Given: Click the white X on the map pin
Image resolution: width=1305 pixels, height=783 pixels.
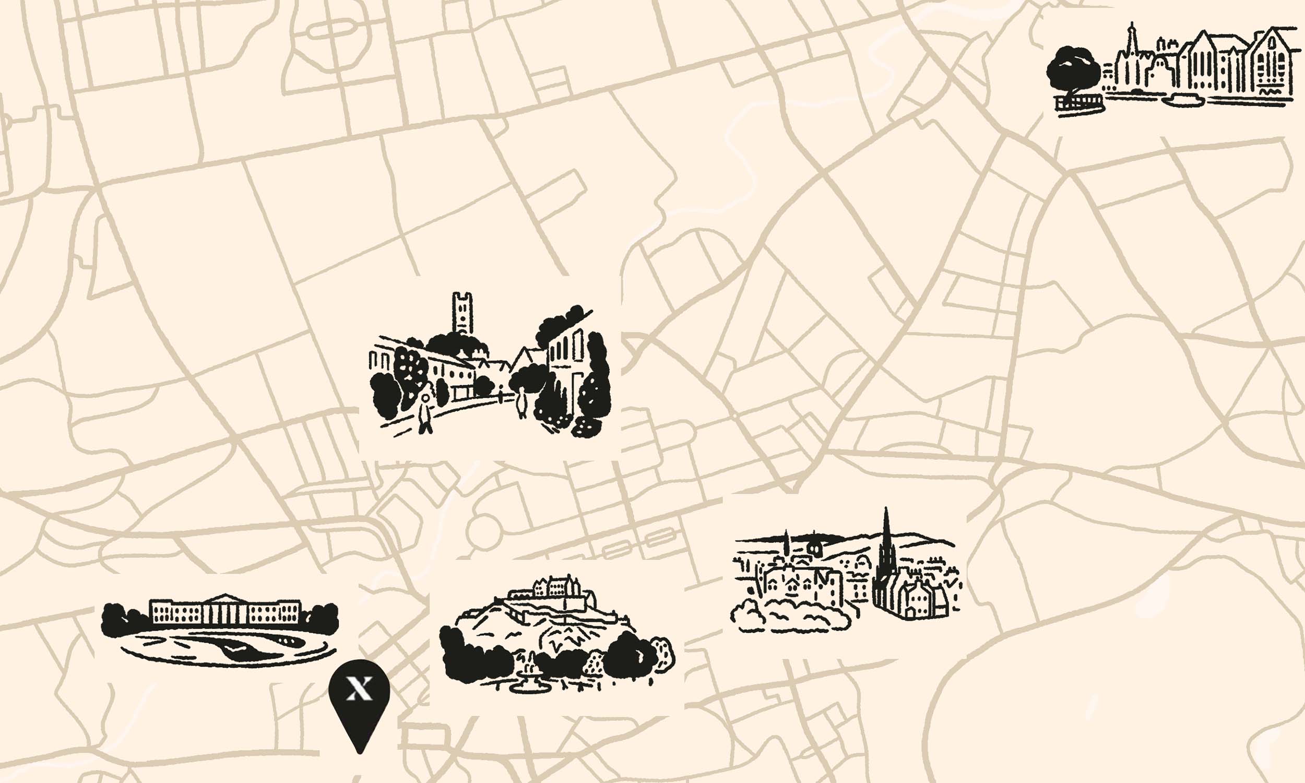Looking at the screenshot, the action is point(359,689).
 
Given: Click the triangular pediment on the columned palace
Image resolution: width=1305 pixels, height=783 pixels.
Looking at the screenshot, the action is point(225,597).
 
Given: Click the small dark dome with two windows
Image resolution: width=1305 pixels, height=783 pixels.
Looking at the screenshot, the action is point(815,549).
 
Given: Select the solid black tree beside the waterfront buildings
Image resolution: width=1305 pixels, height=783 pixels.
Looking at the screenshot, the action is point(1073,71).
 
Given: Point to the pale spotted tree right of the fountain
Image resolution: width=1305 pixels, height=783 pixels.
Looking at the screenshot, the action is point(594,663).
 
